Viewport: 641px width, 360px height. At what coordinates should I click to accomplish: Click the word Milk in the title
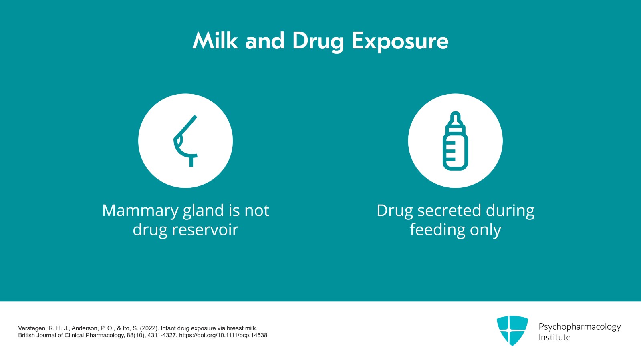[x=215, y=41]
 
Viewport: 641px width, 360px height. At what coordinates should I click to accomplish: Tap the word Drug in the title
[x=318, y=42]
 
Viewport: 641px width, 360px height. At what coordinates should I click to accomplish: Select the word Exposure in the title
[x=400, y=42]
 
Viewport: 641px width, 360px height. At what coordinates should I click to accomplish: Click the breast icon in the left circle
[x=185, y=141]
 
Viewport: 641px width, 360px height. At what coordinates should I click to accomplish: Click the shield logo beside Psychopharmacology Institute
[x=512, y=330]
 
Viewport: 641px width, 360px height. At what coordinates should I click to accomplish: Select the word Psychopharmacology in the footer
[x=579, y=327]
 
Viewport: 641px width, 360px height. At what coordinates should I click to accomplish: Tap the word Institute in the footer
[x=554, y=338]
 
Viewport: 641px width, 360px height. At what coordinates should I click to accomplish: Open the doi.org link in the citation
[x=223, y=335]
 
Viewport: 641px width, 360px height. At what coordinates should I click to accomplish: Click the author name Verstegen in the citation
[x=32, y=328]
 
